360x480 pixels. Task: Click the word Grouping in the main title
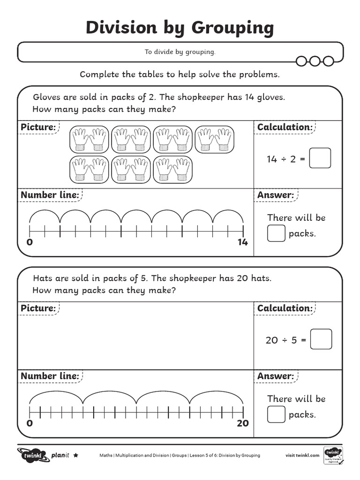226,28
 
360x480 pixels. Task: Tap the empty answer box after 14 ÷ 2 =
320,158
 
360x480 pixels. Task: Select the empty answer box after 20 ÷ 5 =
321,339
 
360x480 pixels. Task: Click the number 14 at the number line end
242,242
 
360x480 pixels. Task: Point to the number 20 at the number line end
242,423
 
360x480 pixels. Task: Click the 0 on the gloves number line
30,242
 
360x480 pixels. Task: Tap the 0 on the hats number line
30,423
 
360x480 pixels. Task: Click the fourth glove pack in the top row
214,139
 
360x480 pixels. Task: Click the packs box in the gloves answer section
276,233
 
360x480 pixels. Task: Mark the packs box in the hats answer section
276,414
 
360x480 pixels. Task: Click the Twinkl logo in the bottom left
33,455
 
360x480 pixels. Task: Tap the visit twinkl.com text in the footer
302,455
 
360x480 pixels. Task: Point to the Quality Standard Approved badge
333,456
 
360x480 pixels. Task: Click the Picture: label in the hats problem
38,308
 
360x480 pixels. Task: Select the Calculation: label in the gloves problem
285,127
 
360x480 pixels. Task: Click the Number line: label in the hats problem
49,376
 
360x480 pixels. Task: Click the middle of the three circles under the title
315,61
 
